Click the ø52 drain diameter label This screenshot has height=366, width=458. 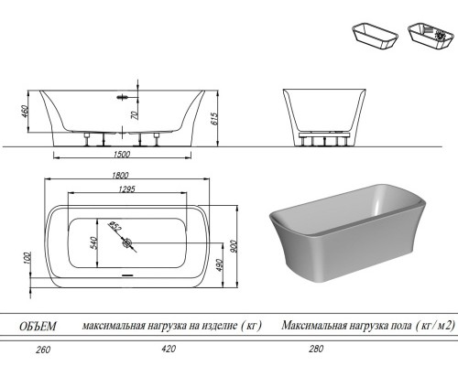click(x=116, y=226)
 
